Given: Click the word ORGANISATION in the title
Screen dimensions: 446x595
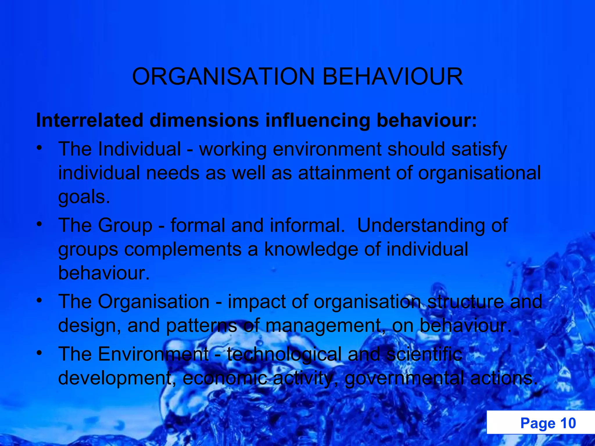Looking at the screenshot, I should click(x=223, y=76).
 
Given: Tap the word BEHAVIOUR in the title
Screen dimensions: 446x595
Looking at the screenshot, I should click(x=393, y=76).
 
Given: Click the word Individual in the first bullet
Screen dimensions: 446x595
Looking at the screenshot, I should click(x=139, y=149).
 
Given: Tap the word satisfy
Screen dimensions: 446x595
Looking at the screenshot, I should click(x=479, y=150).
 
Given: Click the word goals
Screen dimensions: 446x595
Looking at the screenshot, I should click(x=84, y=198).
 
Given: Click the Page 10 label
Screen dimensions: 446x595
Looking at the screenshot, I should click(x=548, y=423).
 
